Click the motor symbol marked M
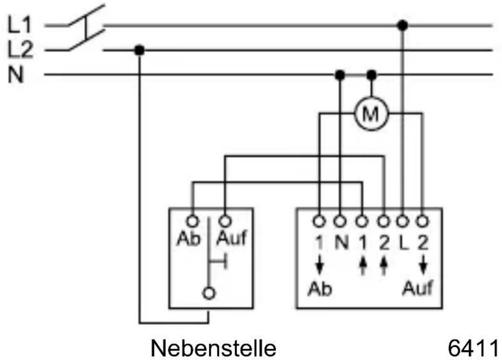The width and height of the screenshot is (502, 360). pos(371,113)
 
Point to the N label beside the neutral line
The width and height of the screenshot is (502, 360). pos(17,75)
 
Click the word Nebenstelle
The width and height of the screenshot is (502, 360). pos(213,349)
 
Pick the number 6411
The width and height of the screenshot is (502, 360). pos(472,349)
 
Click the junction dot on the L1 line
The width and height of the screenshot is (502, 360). pos(402,25)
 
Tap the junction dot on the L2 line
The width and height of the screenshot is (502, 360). pos(139,50)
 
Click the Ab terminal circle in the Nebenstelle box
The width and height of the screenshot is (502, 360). pos(192,220)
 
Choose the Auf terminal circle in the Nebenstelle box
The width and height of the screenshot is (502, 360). pos(225,220)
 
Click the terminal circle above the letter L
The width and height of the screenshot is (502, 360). pos(402,220)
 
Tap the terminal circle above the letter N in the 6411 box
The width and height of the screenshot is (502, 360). pos(340,220)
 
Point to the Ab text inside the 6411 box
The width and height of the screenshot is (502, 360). pos(320,289)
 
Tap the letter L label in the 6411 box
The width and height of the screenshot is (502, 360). pos(403,243)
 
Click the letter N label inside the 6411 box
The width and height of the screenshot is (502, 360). pos(341,243)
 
